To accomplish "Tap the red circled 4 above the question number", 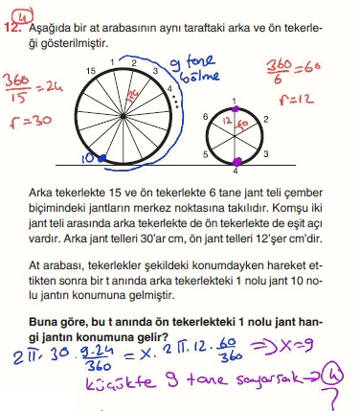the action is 22,12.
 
